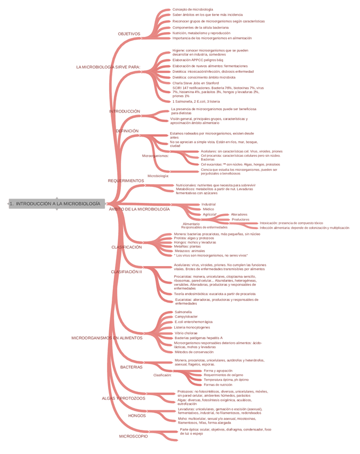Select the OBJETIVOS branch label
129,34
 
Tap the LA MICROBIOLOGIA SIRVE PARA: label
108,67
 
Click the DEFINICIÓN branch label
127,131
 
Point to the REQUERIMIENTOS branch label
126,181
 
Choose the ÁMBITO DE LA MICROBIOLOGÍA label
139,209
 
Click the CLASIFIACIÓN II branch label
126,272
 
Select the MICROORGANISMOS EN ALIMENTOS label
107,338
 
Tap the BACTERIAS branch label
131,367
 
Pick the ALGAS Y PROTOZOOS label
123,398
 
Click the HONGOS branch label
137,415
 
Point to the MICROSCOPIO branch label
133,436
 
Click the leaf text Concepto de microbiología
193,10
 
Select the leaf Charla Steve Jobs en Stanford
195,83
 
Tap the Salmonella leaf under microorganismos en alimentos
183,312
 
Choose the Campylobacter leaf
186,316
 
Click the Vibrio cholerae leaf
186,333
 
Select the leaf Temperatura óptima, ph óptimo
226,380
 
